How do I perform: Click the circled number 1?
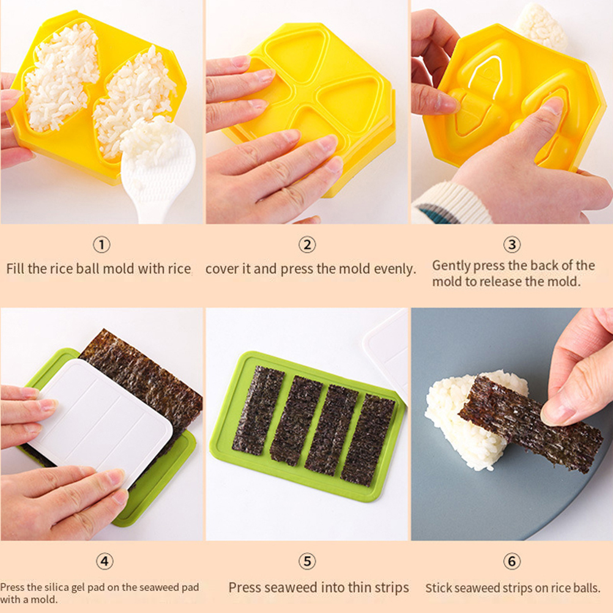pos(102,245)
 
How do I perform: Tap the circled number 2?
pos(307,245)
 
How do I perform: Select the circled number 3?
pos(512,245)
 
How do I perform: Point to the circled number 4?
pos(105,562)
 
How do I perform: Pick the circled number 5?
pos(307,562)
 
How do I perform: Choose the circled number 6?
pos(512,562)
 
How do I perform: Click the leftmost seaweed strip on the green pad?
pos(258,411)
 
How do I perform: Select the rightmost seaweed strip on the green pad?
pos(368,439)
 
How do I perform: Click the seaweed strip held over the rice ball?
pos(530,424)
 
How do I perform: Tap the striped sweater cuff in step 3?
pos(450,203)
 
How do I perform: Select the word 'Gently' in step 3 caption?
pos(450,266)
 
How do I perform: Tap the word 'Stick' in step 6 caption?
pos(439,588)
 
